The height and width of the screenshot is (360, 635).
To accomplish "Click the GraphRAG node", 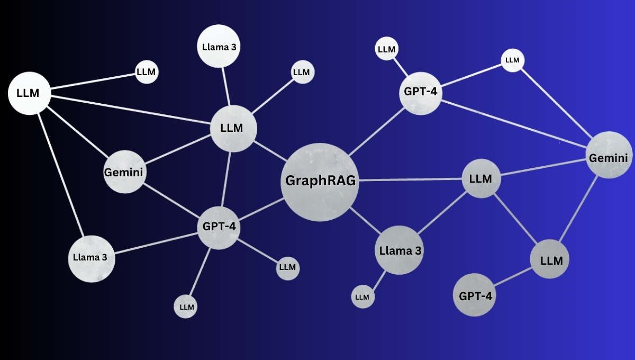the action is (x=320, y=182).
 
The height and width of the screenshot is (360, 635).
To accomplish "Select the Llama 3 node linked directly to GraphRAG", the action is (x=399, y=250).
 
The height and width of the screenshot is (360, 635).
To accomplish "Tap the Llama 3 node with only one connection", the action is (x=219, y=46).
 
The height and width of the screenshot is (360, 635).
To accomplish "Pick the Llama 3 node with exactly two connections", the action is (x=92, y=259).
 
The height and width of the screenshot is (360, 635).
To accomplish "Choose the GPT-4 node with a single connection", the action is (x=474, y=295).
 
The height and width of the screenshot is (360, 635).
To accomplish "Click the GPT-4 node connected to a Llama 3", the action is (x=219, y=228).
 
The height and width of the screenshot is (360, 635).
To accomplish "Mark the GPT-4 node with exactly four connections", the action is (x=421, y=93).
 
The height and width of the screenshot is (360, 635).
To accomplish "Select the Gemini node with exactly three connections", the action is (x=125, y=172).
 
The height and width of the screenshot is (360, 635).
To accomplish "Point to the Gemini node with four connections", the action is (x=609, y=155).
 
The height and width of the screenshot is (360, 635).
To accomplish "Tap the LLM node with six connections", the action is (x=233, y=129).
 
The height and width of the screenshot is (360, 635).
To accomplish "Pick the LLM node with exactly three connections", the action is (x=549, y=259).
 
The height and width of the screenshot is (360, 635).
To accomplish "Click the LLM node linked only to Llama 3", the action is (x=363, y=296).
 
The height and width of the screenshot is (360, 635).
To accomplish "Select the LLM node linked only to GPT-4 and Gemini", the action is (x=513, y=60).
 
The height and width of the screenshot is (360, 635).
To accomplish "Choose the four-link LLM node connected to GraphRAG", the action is (x=481, y=178).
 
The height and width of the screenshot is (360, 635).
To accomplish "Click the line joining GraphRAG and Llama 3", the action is (x=366, y=221).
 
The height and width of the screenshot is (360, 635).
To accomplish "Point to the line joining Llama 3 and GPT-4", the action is (x=156, y=243).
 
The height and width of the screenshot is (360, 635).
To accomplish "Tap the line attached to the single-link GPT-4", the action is (x=513, y=276).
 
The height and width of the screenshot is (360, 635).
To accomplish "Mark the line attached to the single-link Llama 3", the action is (x=226, y=86).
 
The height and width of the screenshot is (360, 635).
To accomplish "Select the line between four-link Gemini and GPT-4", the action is (x=514, y=124).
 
